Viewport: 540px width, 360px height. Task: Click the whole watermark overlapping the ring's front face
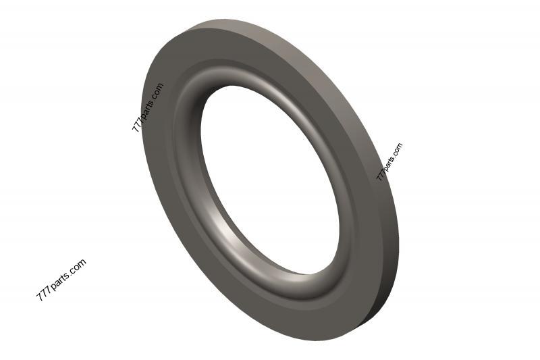click(x=147, y=107)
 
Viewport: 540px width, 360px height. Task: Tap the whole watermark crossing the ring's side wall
click(x=389, y=162)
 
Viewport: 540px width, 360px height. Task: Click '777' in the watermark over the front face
click(x=136, y=124)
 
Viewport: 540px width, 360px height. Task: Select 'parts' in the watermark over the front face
click(x=146, y=109)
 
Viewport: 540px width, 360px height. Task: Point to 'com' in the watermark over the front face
click(x=157, y=91)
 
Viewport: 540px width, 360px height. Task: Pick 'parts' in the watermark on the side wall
click(x=389, y=163)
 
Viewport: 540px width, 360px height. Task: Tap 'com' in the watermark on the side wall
click(x=398, y=149)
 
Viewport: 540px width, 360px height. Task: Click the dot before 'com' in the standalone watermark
click(x=71, y=273)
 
